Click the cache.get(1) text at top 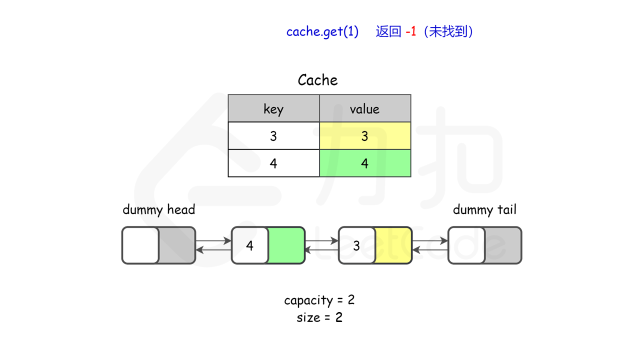tap(322, 31)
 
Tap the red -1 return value tap(411, 31)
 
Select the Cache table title tap(317, 80)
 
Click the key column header tap(273, 109)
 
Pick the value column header tap(364, 109)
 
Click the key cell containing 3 tap(273, 136)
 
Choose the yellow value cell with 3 tap(365, 136)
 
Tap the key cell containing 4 tap(273, 163)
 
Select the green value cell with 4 tap(365, 163)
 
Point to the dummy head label tap(158, 209)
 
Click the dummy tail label tap(484, 209)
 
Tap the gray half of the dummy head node tap(176, 245)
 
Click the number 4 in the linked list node tap(249, 245)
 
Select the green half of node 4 tap(286, 245)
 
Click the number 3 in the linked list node tap(356, 245)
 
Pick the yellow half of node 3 tap(393, 245)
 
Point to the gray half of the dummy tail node tap(502, 245)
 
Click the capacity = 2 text tap(319, 300)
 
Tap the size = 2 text tap(319, 317)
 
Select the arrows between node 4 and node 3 tap(321, 245)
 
